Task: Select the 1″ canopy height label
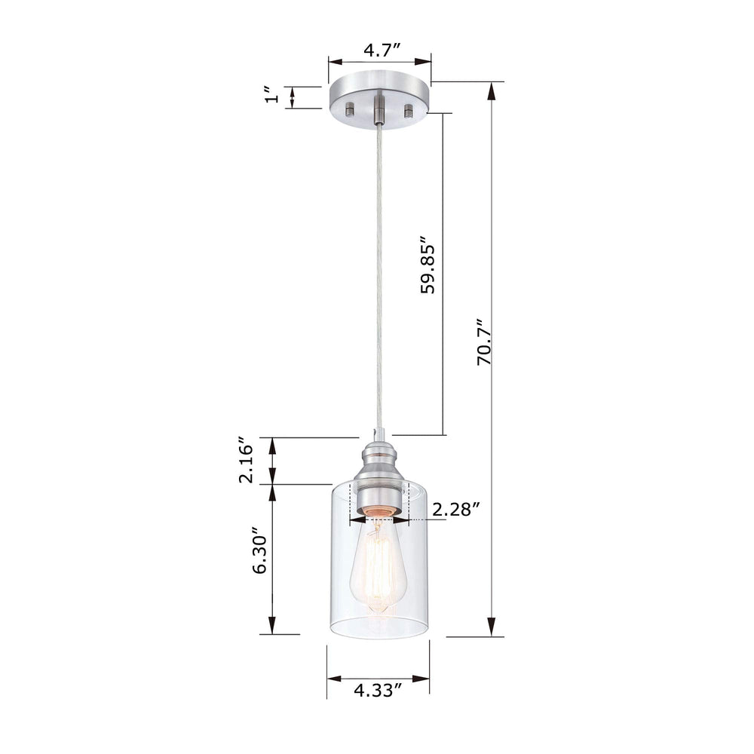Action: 268,96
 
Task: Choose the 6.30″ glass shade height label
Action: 259,550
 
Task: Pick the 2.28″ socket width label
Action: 455,510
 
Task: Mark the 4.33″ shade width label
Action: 378,690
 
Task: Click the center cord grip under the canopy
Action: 380,109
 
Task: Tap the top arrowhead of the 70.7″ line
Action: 492,90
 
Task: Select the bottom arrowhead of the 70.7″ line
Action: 492,627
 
